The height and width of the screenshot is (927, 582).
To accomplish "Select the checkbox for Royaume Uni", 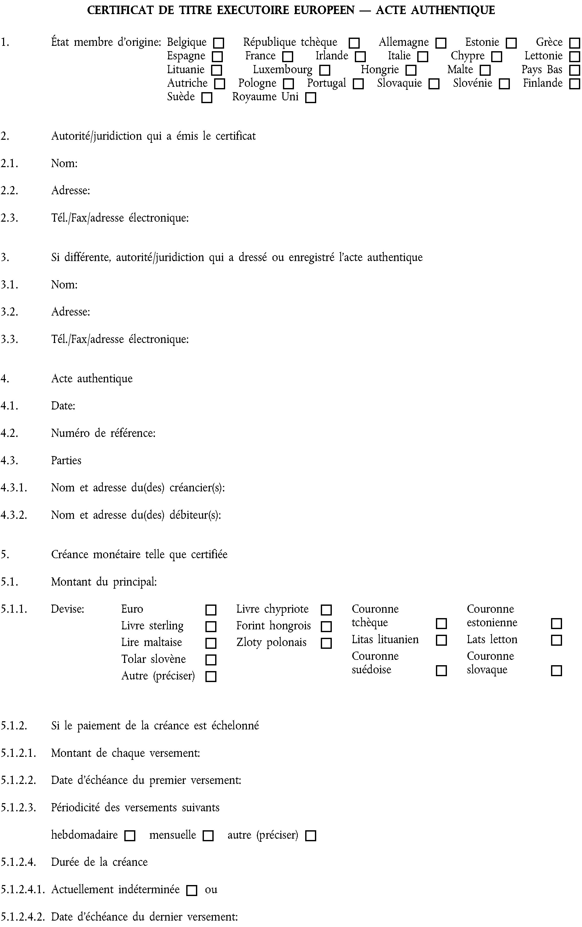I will (310, 98).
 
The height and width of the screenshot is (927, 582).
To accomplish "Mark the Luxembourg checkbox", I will (325, 70).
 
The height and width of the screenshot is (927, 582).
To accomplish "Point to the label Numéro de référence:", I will (103, 433).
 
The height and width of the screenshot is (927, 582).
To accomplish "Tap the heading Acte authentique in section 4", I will (92, 379).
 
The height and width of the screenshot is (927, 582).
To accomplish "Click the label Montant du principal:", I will (104, 582).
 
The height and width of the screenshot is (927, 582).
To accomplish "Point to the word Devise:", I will (68, 609).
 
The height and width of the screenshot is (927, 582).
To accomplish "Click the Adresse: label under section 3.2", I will (70, 312).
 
